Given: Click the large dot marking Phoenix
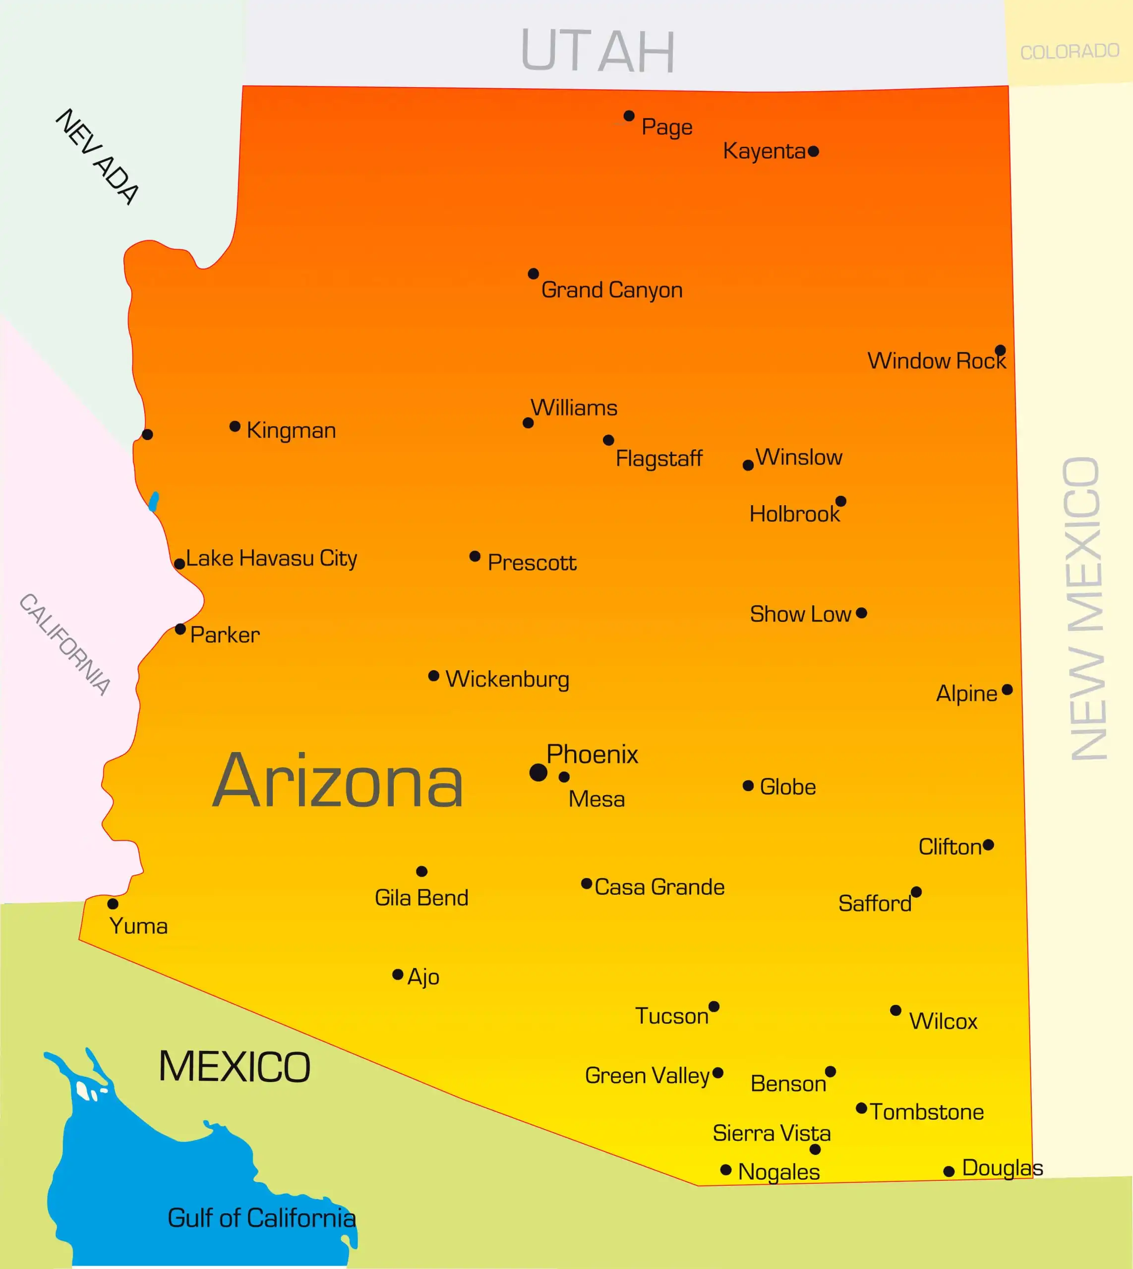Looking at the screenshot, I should [x=538, y=772].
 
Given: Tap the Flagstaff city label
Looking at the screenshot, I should [x=658, y=459].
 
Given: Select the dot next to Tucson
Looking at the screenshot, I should [x=714, y=1006].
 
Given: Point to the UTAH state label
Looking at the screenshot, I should [x=597, y=51].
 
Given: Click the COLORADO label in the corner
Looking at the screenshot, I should [x=1070, y=51].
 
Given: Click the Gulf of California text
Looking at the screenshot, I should [x=261, y=1218].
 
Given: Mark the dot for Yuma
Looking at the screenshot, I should [x=113, y=904].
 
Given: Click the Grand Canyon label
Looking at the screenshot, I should [x=611, y=290].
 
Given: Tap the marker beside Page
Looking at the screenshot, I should [x=629, y=116].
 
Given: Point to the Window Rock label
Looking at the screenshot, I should [x=936, y=361].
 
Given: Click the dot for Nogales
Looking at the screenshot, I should [x=725, y=1170].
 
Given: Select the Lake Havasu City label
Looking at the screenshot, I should [x=271, y=558].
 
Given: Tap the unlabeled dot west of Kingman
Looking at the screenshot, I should [x=148, y=434].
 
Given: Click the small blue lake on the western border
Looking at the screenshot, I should [x=154, y=502].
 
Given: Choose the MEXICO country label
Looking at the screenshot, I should [x=235, y=1067].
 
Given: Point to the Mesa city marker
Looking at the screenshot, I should [x=564, y=777].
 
